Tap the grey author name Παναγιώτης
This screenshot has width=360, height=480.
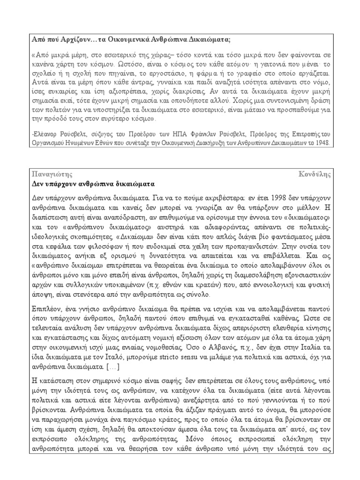point(49,174)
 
